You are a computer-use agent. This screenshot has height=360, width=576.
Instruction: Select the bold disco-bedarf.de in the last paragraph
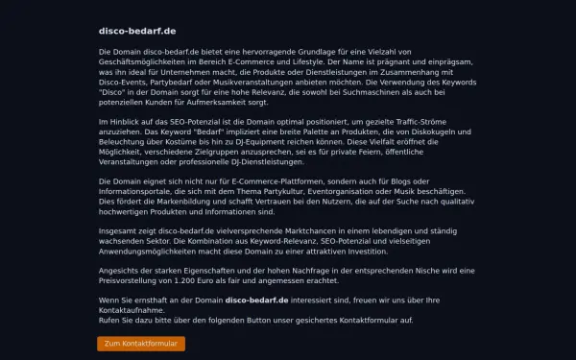tap(257, 300)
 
